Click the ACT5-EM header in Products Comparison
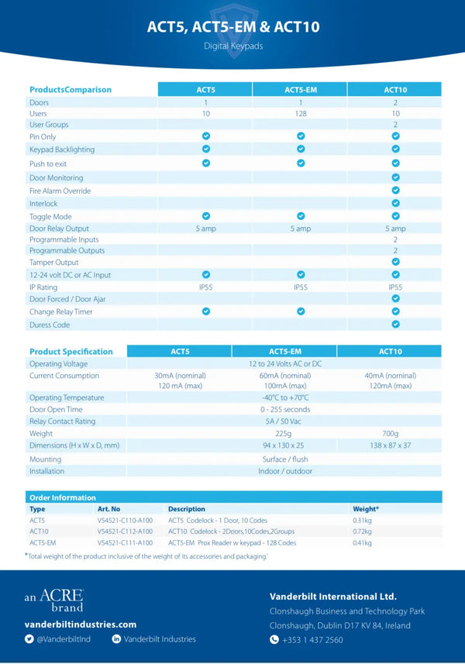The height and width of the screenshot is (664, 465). coord(300,90)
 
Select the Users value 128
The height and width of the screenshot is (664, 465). coord(300,114)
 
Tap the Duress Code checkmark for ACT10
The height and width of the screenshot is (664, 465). coord(395,325)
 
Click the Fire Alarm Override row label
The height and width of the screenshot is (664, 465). coord(60,191)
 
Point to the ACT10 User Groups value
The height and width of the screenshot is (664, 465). coord(395,125)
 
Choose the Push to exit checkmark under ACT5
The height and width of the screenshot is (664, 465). coord(206,163)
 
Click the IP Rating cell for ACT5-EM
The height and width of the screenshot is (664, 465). coord(300,287)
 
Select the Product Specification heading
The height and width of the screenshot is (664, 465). coord(71,352)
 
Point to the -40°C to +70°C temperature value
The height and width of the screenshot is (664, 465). coord(284,398)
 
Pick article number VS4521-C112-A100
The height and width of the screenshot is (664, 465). coord(125,531)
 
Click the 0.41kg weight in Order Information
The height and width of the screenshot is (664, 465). coord(363,542)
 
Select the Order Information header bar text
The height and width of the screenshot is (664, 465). coord(62,497)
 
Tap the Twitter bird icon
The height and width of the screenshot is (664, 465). coord(29,639)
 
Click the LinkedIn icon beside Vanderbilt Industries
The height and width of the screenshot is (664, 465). coord(116,639)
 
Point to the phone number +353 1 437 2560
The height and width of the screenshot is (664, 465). coord(312,640)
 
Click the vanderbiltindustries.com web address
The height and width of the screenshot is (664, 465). coord(81,624)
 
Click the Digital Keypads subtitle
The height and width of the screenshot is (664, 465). coord(233,46)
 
